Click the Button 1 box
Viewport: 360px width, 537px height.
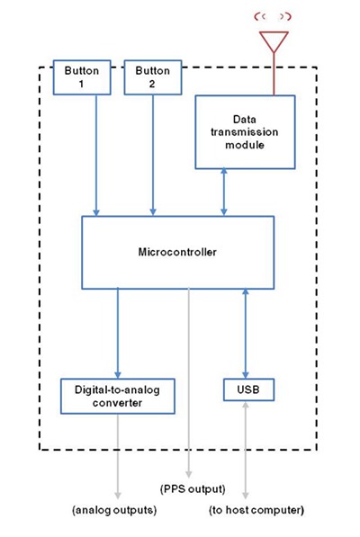pyautogui.click(x=82, y=77)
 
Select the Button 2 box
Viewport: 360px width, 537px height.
pyautogui.click(x=153, y=77)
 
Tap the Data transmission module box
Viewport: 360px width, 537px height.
pyautogui.click(x=245, y=132)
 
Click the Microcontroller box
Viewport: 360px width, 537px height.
pyautogui.click(x=178, y=253)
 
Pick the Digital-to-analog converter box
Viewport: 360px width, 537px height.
pyautogui.click(x=118, y=397)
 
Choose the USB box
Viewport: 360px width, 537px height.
pyautogui.click(x=248, y=389)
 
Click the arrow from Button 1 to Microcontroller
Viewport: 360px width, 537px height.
pyautogui.click(x=96, y=156)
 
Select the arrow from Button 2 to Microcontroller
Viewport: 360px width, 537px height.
pyautogui.click(x=153, y=156)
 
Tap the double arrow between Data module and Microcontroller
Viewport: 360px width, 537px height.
pyautogui.click(x=224, y=192)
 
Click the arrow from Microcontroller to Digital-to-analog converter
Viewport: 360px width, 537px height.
pyautogui.click(x=118, y=334)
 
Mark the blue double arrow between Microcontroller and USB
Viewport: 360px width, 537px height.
pyautogui.click(x=246, y=334)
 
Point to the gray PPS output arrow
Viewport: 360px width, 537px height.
pyautogui.click(x=188, y=383)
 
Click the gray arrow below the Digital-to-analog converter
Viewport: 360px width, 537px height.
pyautogui.click(x=118, y=457)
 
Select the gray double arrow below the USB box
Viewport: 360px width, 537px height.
pyautogui.click(x=246, y=450)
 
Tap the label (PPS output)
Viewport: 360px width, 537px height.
pyautogui.click(x=193, y=489)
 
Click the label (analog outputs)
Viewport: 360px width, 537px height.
pyautogui.click(x=114, y=510)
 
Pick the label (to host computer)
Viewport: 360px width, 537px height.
pyautogui.click(x=256, y=510)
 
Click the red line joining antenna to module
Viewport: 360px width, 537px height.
pyautogui.click(x=274, y=74)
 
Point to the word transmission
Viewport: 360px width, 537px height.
pyautogui.click(x=244, y=132)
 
